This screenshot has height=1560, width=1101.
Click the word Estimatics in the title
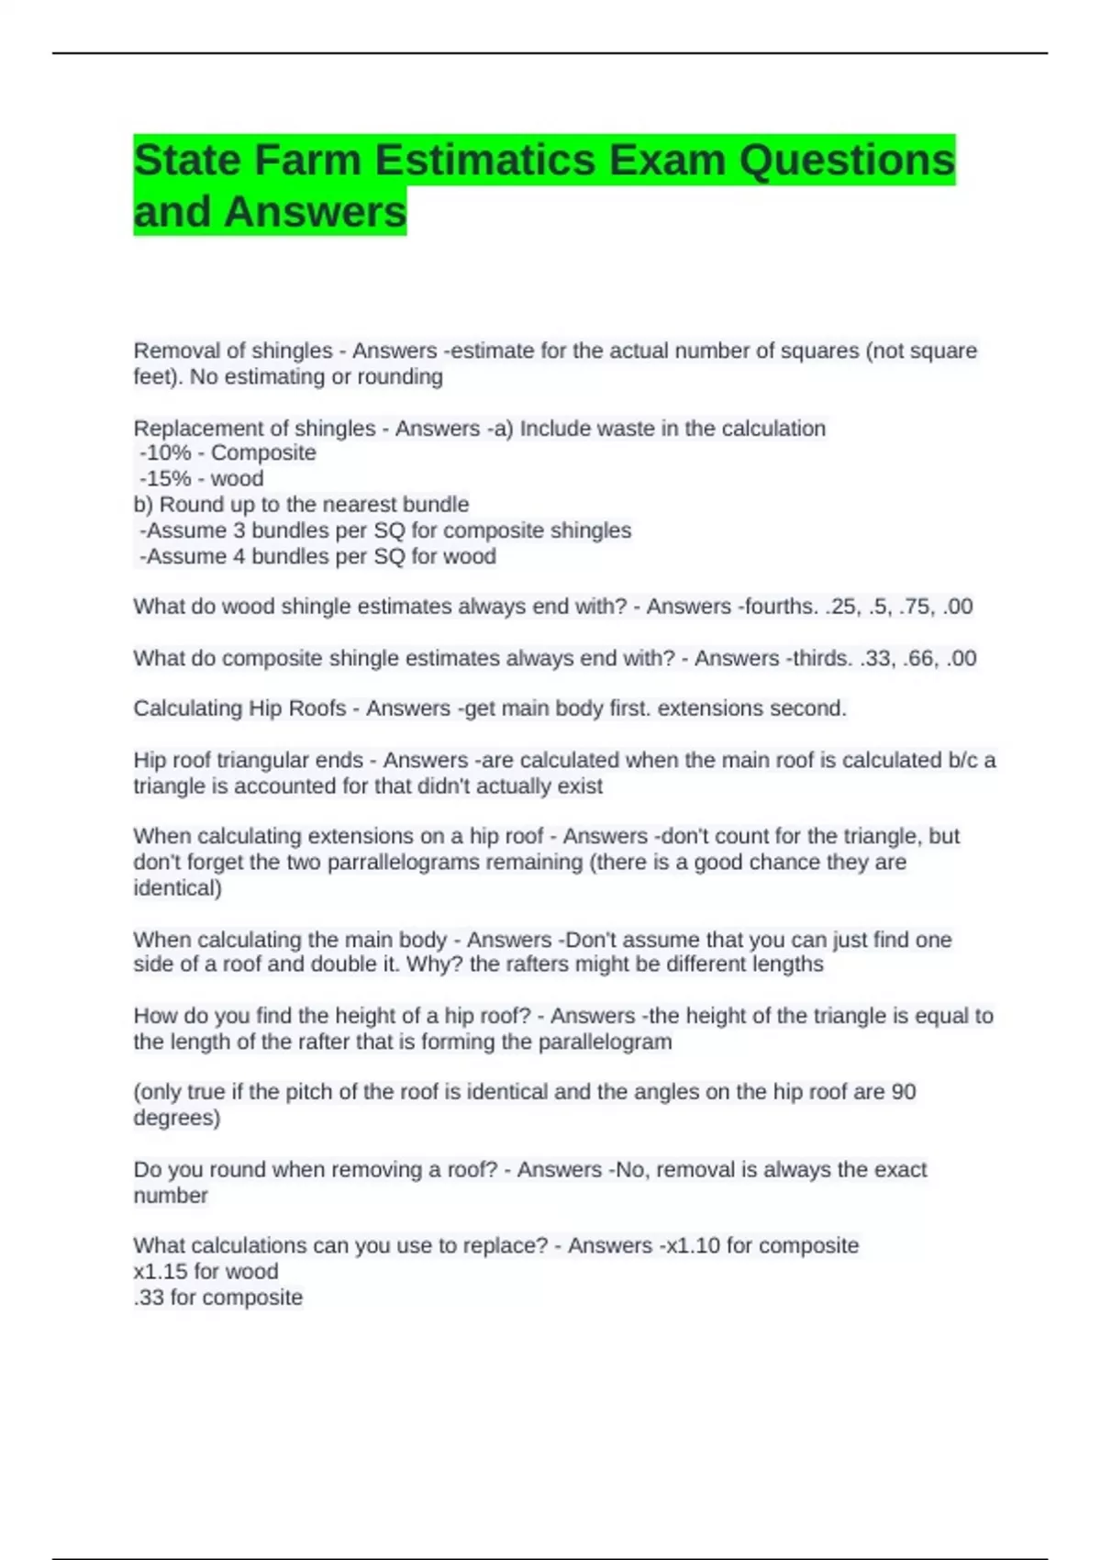pyautogui.click(x=486, y=161)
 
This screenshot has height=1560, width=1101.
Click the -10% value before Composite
pyautogui.click(x=165, y=453)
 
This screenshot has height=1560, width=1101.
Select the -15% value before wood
pyautogui.click(x=165, y=479)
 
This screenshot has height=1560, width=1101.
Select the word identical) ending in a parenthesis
pyautogui.click(x=178, y=888)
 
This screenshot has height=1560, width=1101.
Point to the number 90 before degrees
pyautogui.click(x=903, y=1092)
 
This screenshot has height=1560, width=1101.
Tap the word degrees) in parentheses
pyautogui.click(x=177, y=1118)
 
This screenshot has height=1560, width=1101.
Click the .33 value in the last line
pyautogui.click(x=150, y=1298)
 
